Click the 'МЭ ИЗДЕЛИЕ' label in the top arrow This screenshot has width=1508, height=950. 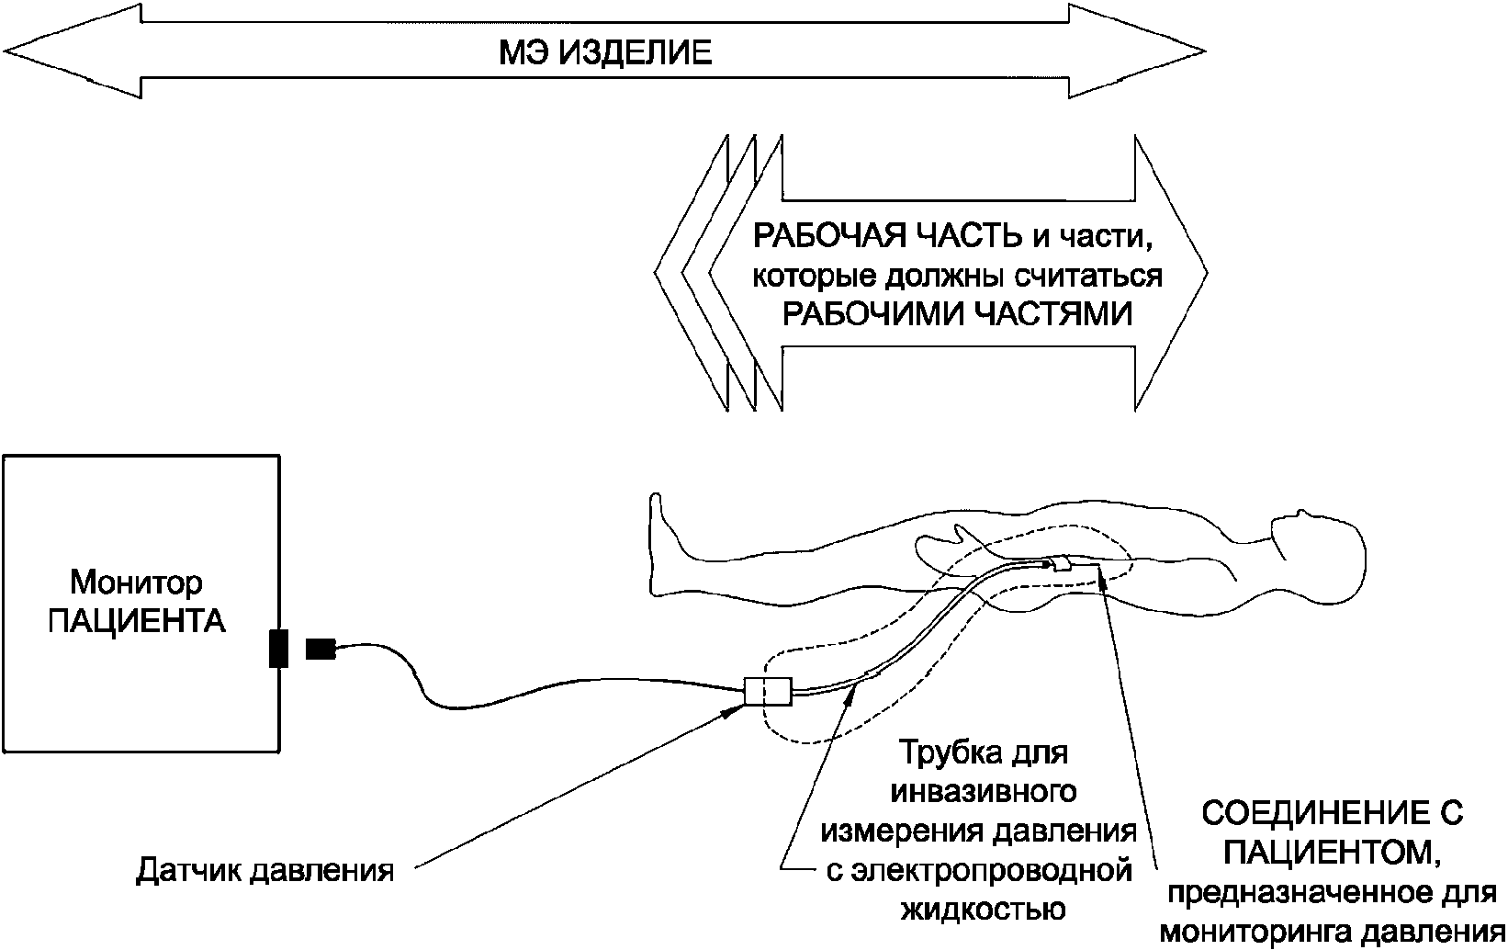(x=605, y=52)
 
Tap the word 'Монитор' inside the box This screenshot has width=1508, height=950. (x=137, y=583)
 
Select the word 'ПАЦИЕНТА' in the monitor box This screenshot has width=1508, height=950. (x=137, y=622)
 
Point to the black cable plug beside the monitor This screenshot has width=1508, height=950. (x=321, y=649)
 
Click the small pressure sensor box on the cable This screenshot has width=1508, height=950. (x=767, y=692)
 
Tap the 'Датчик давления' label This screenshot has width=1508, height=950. (x=265, y=870)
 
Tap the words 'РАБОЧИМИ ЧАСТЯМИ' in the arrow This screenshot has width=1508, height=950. (x=956, y=315)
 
